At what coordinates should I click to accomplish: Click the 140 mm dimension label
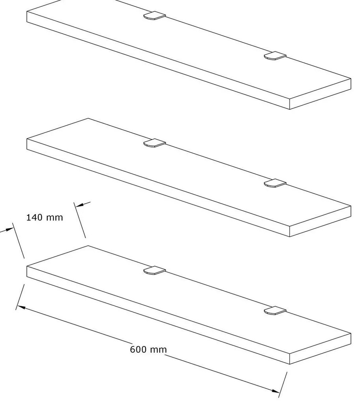click(45, 217)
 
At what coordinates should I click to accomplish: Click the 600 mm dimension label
click(148, 350)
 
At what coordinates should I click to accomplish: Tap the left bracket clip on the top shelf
click(154, 16)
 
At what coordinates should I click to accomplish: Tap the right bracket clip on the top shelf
click(275, 56)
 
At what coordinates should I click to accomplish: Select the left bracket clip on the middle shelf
click(154, 143)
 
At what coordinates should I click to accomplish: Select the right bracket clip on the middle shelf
click(275, 183)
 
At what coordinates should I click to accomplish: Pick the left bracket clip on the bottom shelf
click(154, 270)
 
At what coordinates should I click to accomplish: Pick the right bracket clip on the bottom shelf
click(275, 311)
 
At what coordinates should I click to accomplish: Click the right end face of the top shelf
click(321, 94)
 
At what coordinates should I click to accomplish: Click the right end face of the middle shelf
click(321, 221)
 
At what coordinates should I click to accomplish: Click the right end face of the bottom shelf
click(321, 349)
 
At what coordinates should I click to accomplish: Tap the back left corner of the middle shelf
click(88, 119)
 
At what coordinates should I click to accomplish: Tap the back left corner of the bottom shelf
click(88, 246)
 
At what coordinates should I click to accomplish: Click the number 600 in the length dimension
click(138, 350)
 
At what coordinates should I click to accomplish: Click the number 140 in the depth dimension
click(35, 217)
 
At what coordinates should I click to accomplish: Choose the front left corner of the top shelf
click(27, 11)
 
